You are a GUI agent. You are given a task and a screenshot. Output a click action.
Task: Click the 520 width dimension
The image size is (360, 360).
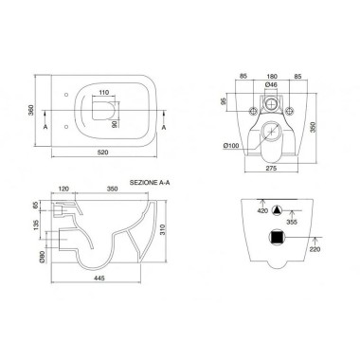point(103,153)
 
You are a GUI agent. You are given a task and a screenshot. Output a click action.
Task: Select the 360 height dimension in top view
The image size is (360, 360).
point(31,110)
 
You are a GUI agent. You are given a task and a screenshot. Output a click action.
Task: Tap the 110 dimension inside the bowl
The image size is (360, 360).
point(103,93)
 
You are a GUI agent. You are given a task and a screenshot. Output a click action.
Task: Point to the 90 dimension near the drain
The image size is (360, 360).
point(115,124)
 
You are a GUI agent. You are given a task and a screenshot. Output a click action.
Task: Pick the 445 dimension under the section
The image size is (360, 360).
point(99,278)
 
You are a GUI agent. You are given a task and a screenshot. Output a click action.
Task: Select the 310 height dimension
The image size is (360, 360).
point(161,231)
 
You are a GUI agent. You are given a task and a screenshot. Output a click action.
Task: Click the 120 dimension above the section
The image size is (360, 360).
point(63,189)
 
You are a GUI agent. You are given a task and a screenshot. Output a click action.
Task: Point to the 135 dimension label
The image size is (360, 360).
point(36,225)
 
